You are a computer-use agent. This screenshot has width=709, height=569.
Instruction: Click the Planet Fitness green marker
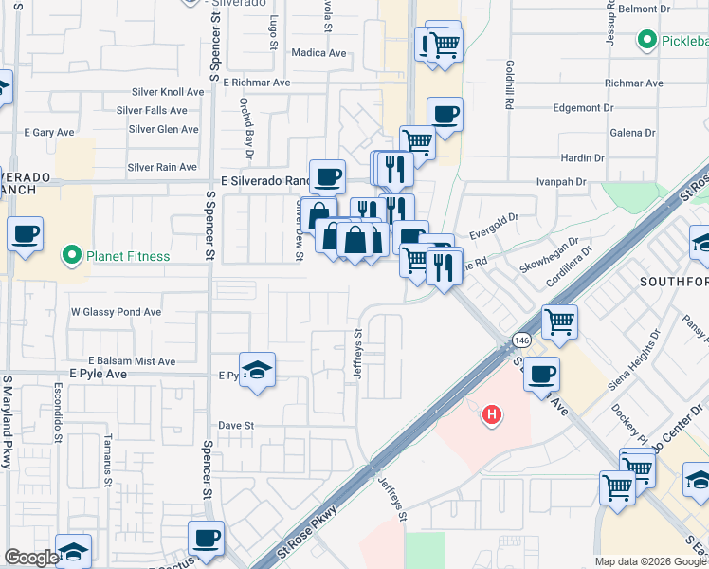[70, 256]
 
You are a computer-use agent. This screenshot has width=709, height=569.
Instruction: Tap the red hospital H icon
[491, 414]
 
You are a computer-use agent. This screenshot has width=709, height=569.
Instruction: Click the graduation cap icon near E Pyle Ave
[256, 372]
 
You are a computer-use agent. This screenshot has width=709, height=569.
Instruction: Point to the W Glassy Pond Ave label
[117, 311]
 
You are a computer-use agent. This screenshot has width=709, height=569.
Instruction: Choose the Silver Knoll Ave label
[166, 92]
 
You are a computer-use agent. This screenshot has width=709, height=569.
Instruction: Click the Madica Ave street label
[319, 53]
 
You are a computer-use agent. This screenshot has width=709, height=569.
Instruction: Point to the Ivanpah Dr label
[561, 180]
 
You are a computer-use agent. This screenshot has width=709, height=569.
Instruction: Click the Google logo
[30, 558]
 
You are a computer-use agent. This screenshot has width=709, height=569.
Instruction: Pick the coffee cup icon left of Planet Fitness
[26, 233]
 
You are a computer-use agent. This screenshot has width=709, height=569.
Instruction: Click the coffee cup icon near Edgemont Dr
[445, 115]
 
